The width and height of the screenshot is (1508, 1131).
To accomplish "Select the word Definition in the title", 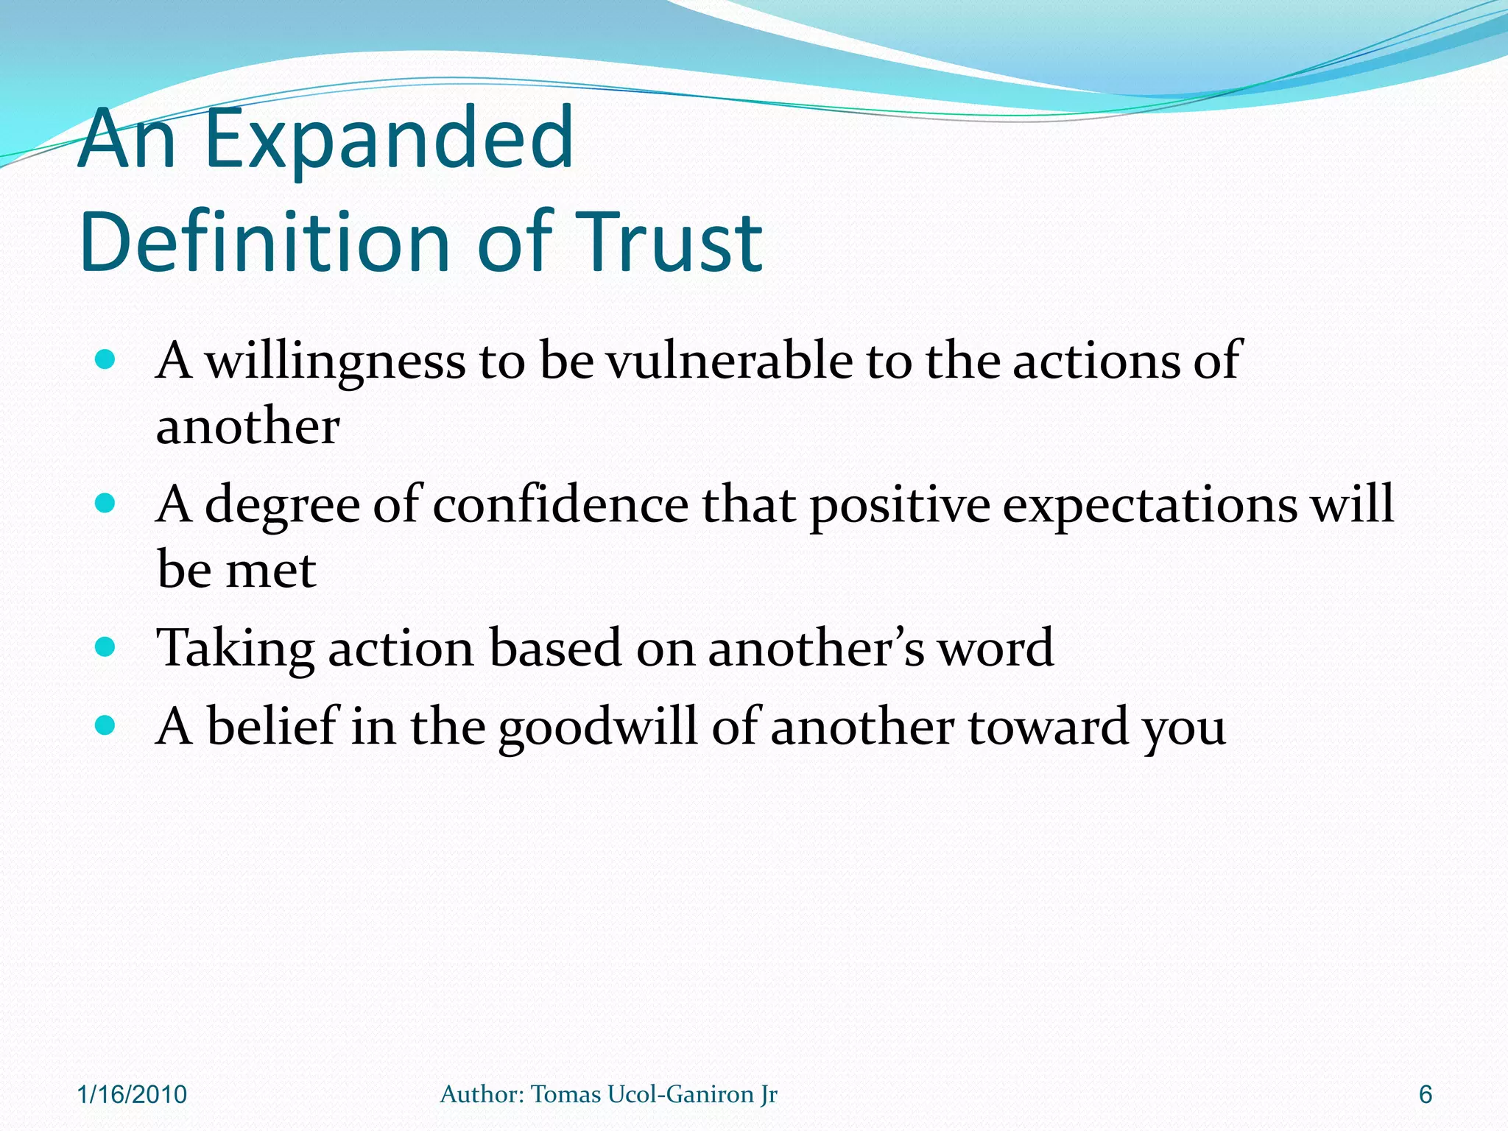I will [x=264, y=242].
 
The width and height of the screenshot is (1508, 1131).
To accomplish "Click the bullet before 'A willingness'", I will [x=106, y=359].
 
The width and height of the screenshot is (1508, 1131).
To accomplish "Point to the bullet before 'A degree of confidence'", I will [x=106, y=504].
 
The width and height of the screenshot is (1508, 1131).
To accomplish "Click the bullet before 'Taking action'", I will [x=106, y=647].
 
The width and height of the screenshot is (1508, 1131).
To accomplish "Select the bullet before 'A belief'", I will [x=106, y=726].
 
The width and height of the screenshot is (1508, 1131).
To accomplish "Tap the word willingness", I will [x=335, y=362].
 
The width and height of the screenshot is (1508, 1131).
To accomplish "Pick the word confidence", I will [x=560, y=505].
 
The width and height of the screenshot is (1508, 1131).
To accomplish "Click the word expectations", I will [x=1149, y=507].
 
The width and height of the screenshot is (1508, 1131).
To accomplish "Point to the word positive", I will [x=900, y=507].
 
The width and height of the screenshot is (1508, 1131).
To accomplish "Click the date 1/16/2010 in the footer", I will [x=133, y=1094].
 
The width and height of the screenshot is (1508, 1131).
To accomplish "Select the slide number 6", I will [x=1426, y=1094].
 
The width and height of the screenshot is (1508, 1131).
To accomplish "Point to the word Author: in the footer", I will [x=482, y=1094].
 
